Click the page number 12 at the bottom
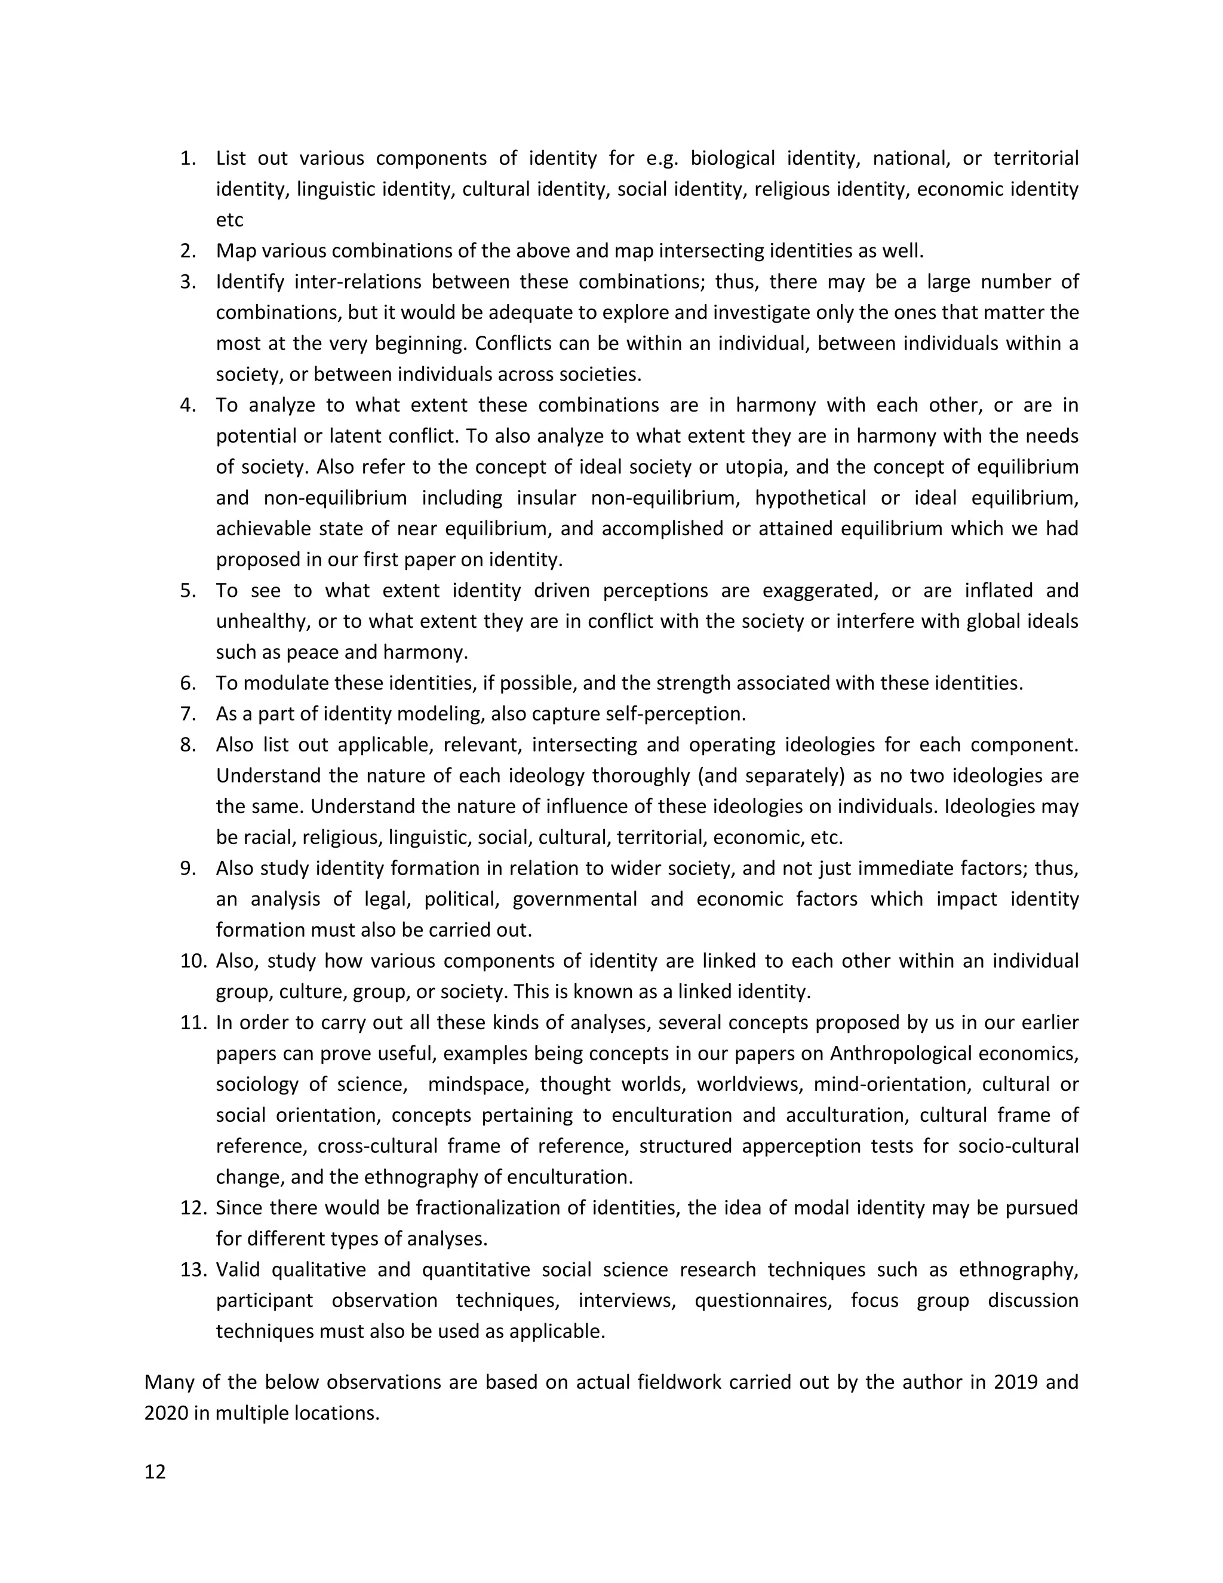point(155,1472)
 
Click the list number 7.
point(188,714)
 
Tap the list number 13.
point(194,1270)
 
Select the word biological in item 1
point(733,158)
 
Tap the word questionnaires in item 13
point(762,1300)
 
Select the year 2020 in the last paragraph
point(166,1413)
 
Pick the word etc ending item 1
point(230,220)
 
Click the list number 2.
point(188,251)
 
